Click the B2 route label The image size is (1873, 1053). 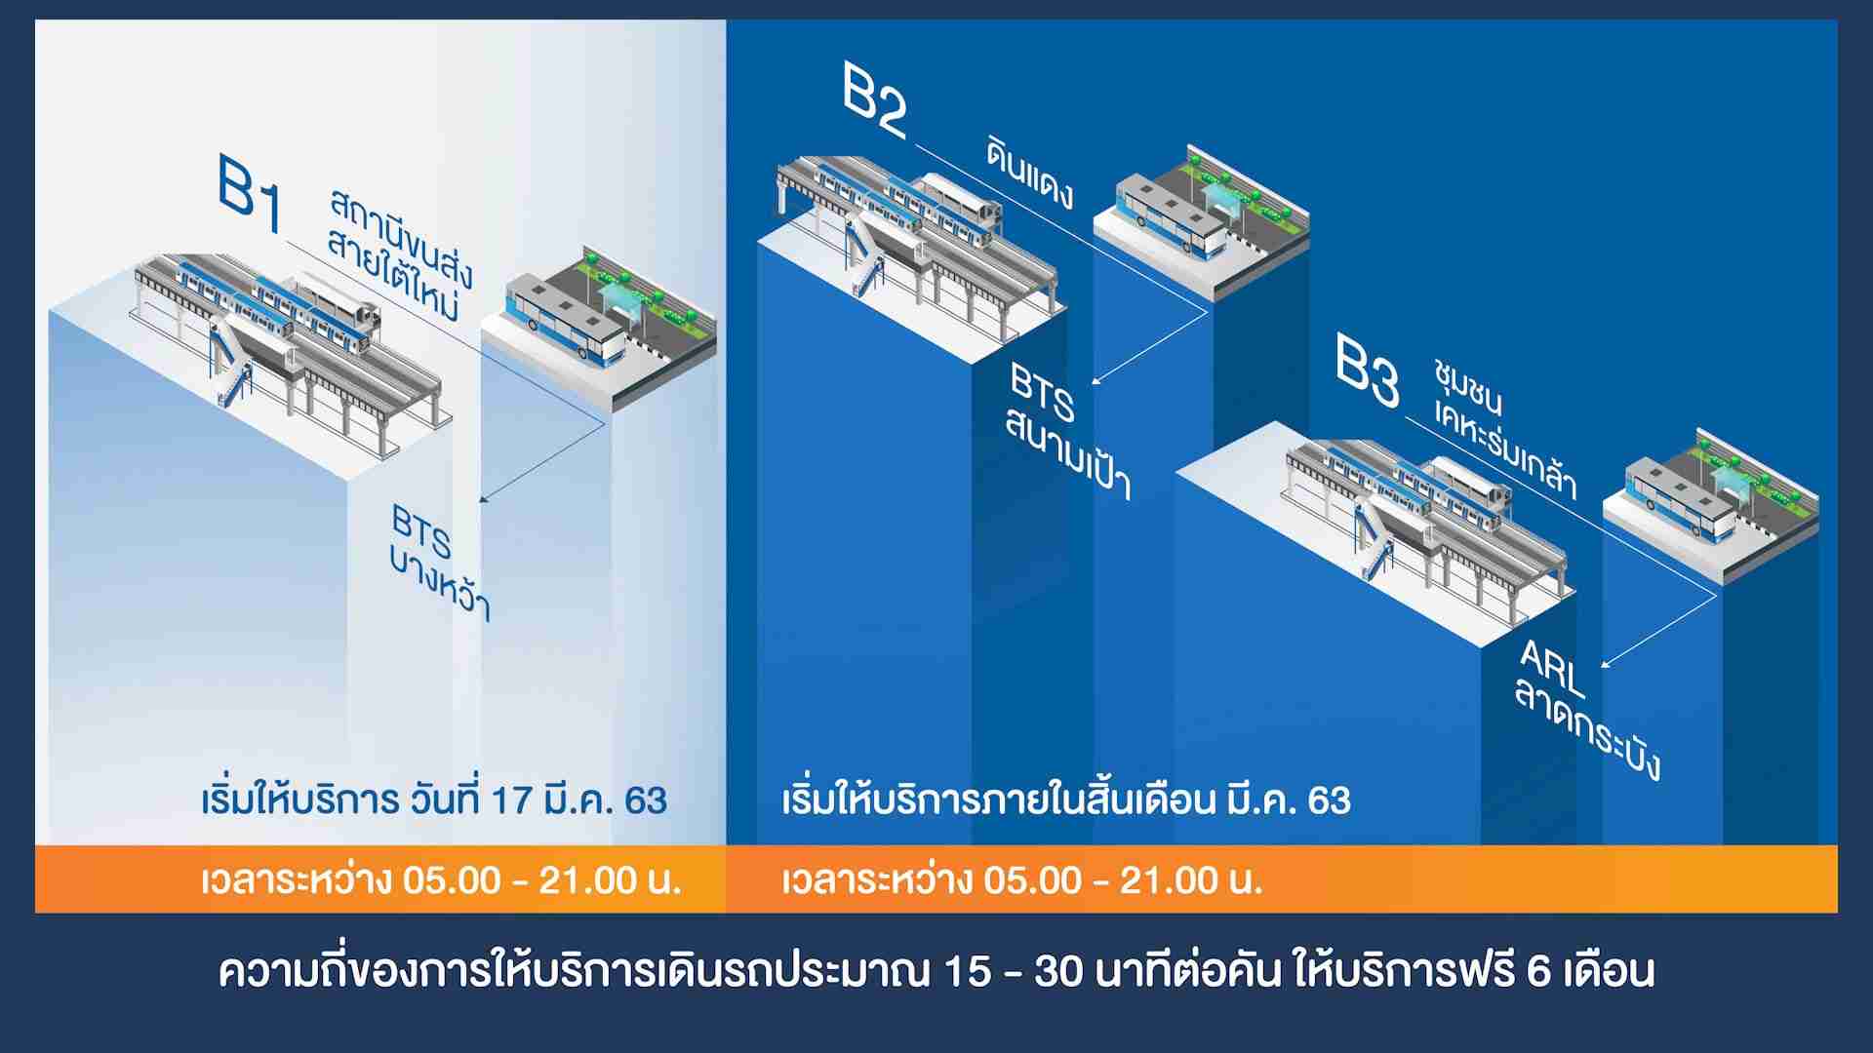(875, 101)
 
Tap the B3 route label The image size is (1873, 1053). (1368, 371)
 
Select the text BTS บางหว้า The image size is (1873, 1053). (439, 563)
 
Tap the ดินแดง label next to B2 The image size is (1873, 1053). (1030, 174)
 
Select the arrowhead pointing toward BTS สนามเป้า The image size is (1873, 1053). (1097, 381)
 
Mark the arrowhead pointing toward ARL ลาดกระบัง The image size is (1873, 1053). (1606, 662)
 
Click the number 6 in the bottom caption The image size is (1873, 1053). (1538, 972)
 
